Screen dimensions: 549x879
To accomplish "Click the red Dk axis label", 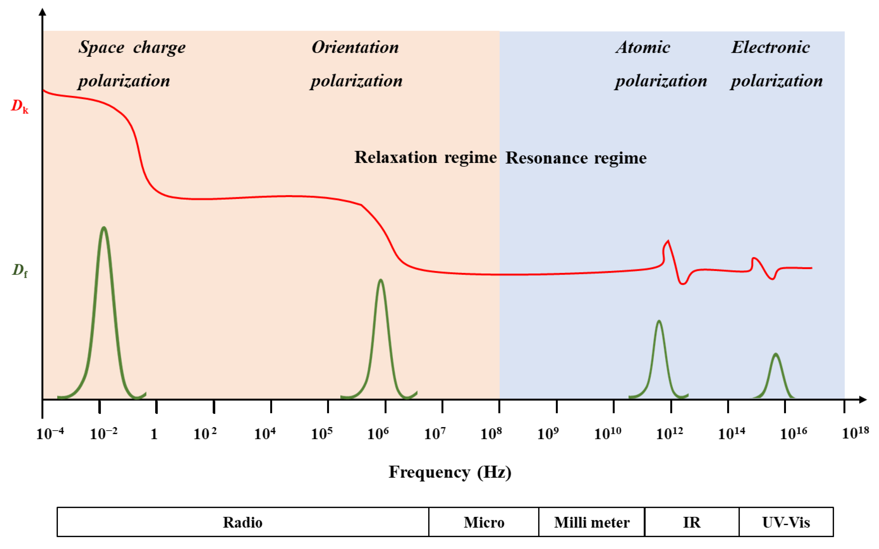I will point(20,106).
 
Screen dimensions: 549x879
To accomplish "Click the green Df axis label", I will point(20,270).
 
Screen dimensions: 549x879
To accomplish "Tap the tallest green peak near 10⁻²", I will point(104,232).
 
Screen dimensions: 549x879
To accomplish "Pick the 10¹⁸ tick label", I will point(855,433).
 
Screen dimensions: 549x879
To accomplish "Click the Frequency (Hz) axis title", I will point(450,472).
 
